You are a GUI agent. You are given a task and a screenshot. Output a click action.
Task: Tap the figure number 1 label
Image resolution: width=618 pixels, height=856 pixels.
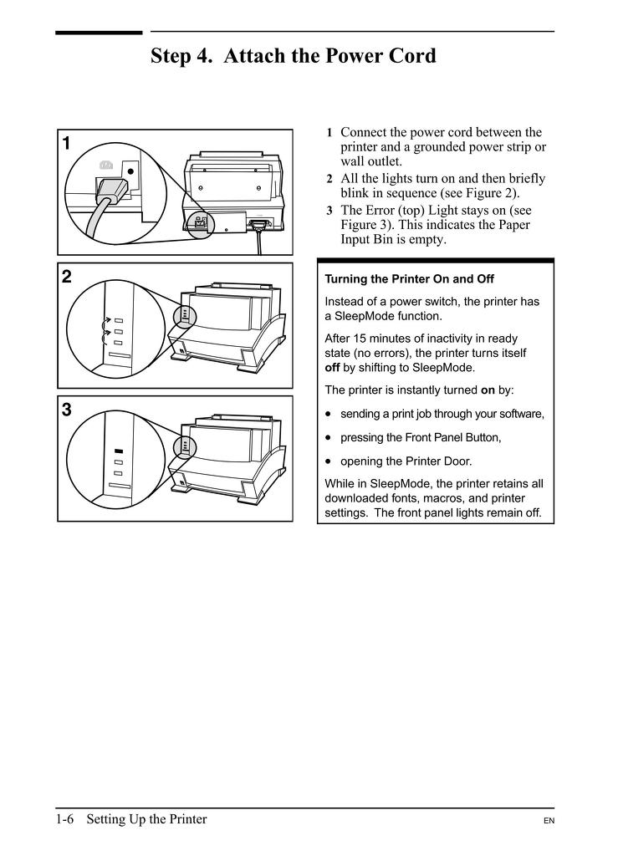pyautogui.click(x=67, y=144)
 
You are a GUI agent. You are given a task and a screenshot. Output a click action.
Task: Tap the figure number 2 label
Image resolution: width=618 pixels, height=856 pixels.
pyautogui.click(x=67, y=277)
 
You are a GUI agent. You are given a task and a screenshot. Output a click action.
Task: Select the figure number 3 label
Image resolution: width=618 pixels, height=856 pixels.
pyautogui.click(x=67, y=410)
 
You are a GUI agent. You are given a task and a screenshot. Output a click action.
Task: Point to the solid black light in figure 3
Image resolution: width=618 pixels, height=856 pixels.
pyautogui.click(x=118, y=451)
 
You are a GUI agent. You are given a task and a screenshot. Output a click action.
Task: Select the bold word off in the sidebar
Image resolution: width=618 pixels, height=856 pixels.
pyautogui.click(x=334, y=367)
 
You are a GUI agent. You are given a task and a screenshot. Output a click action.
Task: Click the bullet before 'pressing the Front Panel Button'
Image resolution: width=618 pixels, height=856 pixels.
pyautogui.click(x=329, y=437)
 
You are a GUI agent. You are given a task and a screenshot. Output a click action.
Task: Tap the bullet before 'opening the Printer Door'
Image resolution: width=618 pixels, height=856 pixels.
pyautogui.click(x=329, y=461)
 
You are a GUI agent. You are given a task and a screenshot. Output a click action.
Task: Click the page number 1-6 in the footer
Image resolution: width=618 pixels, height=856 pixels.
pyautogui.click(x=65, y=818)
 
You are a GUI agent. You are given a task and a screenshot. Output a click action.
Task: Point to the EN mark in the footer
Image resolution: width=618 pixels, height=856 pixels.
pyautogui.click(x=549, y=822)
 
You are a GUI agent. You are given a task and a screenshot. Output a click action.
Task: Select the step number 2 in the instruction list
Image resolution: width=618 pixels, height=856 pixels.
pyautogui.click(x=329, y=180)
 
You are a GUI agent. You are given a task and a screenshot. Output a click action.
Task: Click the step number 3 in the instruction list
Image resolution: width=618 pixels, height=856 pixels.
pyautogui.click(x=329, y=211)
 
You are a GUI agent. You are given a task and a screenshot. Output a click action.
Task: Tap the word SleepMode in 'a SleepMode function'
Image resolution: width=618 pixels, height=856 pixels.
pyautogui.click(x=363, y=316)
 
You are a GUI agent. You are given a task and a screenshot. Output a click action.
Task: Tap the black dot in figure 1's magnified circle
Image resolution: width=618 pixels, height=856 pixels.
pyautogui.click(x=130, y=172)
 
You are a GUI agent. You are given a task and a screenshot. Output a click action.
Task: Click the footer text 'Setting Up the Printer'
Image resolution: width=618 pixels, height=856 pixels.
pyautogui.click(x=146, y=818)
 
